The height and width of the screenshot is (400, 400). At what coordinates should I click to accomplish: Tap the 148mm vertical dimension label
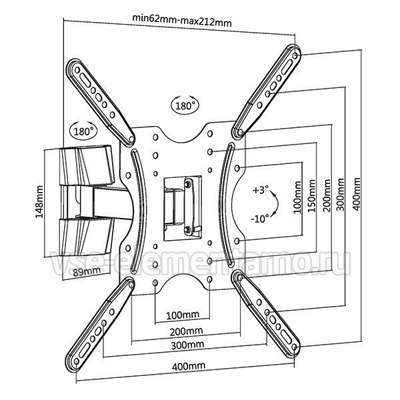tap(39, 202)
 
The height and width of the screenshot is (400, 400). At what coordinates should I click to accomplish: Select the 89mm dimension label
tap(87, 272)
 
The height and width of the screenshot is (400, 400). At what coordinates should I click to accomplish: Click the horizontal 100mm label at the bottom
tap(183, 315)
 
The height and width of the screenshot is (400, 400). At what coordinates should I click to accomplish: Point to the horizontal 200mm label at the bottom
tap(186, 331)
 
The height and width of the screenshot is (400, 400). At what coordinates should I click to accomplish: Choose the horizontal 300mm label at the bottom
tap(187, 345)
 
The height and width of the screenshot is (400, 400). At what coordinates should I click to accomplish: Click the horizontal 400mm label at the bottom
tap(189, 366)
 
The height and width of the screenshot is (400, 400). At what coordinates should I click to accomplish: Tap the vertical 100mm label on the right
tap(297, 197)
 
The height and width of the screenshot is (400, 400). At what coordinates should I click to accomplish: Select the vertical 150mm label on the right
tap(311, 195)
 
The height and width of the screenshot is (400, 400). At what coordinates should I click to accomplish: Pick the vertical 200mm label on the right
tap(327, 195)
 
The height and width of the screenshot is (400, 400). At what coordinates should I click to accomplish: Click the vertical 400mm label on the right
tap(357, 194)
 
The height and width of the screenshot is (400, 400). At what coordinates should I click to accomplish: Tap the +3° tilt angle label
tap(261, 190)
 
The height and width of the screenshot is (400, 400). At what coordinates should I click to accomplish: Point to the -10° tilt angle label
tap(260, 219)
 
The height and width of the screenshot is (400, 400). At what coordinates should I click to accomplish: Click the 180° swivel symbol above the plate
tap(185, 105)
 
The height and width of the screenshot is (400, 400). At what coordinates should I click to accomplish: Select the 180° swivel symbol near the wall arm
tap(83, 131)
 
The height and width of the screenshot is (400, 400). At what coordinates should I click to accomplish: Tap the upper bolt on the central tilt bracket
tap(188, 184)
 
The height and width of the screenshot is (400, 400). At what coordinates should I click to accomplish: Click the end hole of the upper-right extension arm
tap(295, 55)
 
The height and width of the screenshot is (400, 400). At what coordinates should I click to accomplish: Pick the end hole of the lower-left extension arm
tap(77, 361)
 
